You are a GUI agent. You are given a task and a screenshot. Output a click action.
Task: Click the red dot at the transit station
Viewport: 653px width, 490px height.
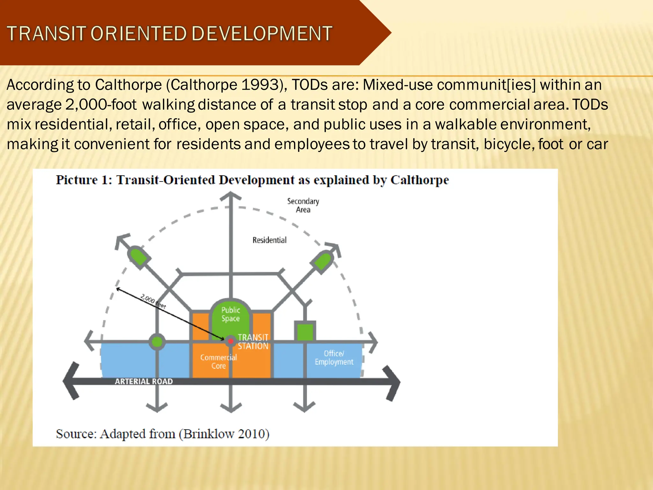(231, 341)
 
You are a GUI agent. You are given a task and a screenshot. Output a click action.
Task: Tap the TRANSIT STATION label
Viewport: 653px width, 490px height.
(253, 342)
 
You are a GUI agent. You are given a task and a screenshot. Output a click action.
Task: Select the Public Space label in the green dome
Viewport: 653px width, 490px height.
(231, 314)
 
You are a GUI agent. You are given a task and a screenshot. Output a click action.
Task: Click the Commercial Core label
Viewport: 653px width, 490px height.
(218, 361)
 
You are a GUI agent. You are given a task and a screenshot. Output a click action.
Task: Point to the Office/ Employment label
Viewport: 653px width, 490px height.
(334, 358)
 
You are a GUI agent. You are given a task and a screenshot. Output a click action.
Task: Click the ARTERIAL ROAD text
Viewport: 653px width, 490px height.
(144, 381)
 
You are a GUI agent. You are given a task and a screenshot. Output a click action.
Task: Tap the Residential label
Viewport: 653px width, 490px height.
(269, 240)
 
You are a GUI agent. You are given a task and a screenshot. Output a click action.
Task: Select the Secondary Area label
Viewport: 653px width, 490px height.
(303, 205)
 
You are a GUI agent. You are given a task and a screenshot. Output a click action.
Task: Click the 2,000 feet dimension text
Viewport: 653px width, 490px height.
(153, 301)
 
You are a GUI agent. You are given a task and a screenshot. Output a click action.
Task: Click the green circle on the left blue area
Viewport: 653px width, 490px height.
(157, 342)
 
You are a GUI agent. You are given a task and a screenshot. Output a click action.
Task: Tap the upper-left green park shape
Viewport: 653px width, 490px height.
(139, 257)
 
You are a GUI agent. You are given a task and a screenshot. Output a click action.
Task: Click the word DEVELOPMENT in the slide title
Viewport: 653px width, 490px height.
(262, 34)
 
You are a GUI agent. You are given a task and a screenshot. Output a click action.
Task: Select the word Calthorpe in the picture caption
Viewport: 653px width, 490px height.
(420, 180)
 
